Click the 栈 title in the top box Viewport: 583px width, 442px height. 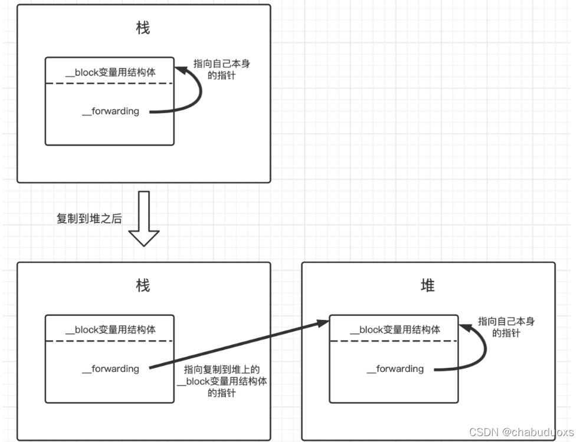[143, 28]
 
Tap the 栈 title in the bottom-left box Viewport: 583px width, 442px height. [143, 286]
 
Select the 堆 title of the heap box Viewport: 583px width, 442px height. [428, 286]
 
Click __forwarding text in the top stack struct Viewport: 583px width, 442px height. [110, 111]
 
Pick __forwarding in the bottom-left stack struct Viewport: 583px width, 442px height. [110, 368]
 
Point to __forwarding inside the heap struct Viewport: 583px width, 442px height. [395, 368]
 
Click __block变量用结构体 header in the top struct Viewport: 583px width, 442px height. [110, 72]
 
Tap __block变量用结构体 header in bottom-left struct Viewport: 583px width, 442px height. [110, 330]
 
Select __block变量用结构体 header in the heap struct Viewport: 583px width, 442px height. [395, 330]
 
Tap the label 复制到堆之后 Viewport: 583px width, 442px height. [89, 219]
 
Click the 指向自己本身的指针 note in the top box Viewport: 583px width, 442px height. [226, 70]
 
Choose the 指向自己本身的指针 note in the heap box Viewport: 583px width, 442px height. [506, 327]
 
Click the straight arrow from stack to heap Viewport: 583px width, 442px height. [236, 346]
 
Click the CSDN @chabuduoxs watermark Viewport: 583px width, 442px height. [521, 432]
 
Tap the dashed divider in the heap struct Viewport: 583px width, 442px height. [394, 341]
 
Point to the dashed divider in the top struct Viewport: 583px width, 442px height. [110, 83]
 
